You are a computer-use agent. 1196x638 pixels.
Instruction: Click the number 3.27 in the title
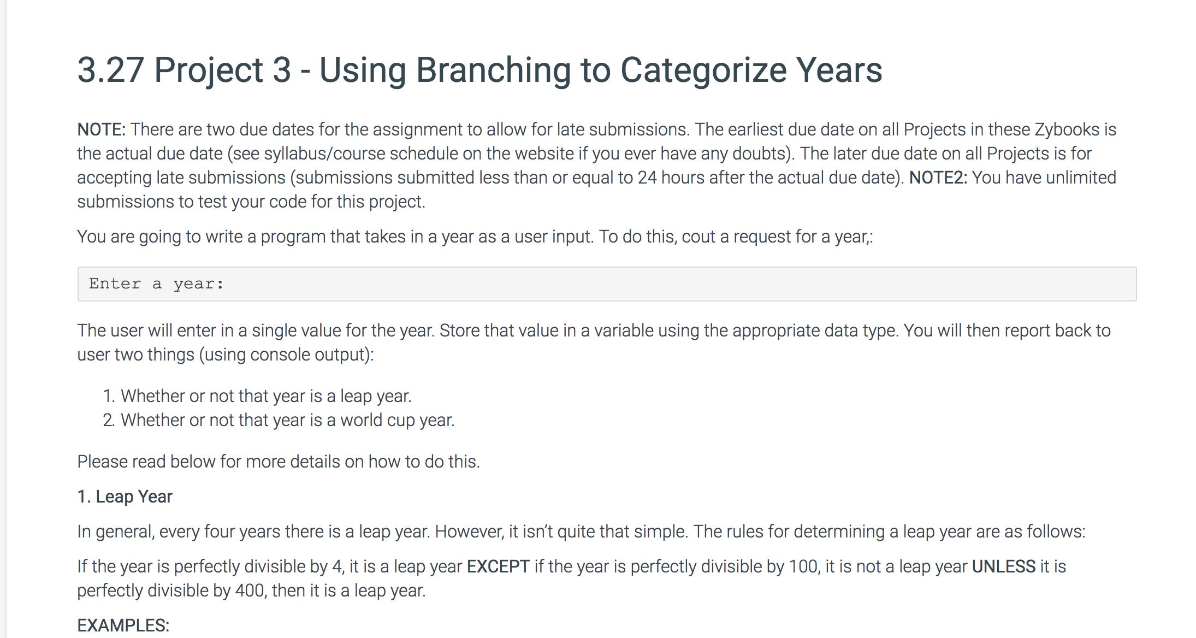pyautogui.click(x=111, y=70)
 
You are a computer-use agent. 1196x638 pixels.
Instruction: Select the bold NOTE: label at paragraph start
pyautogui.click(x=102, y=129)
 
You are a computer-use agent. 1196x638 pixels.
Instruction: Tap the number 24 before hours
pyautogui.click(x=647, y=178)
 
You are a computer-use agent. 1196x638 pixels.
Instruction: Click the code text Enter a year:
pyautogui.click(x=157, y=284)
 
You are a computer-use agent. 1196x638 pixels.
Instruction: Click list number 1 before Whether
pyautogui.click(x=109, y=396)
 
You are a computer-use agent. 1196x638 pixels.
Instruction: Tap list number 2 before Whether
pyautogui.click(x=109, y=420)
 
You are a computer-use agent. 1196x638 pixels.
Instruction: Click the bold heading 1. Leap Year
pyautogui.click(x=125, y=497)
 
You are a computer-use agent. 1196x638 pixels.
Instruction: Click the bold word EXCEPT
pyautogui.click(x=498, y=566)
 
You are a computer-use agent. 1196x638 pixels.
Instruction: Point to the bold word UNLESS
pyautogui.click(x=1004, y=566)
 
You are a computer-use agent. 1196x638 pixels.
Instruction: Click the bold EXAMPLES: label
pyautogui.click(x=123, y=625)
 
